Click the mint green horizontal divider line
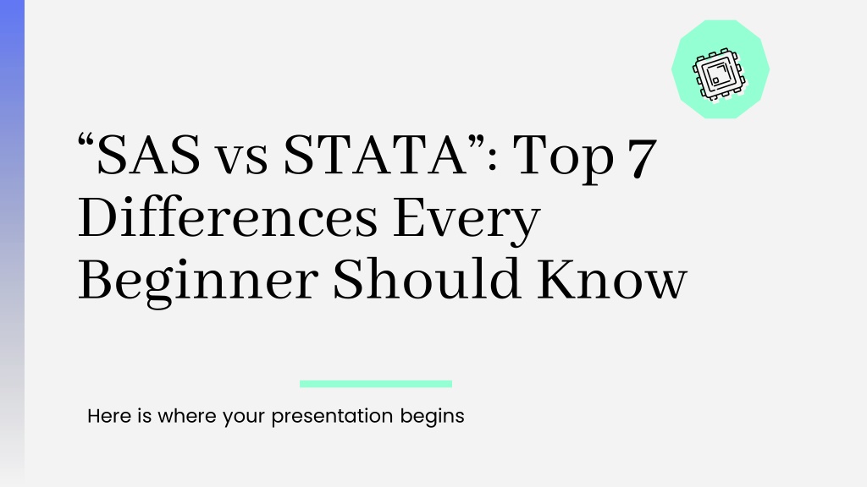coord(376,384)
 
